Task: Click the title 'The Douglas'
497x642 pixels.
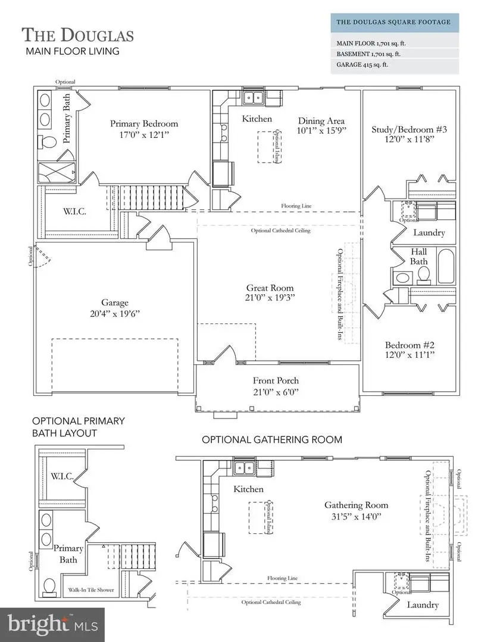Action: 78,34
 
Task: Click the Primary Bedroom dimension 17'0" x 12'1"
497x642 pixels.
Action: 143,135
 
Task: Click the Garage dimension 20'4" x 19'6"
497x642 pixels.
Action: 114,313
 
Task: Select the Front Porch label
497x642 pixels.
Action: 276,380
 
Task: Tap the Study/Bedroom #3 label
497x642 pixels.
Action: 400,130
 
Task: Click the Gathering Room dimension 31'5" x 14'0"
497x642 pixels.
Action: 356,517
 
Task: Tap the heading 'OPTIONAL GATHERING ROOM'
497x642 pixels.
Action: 271,440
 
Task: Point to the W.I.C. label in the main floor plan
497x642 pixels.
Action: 76,210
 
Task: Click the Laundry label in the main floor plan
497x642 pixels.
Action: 429,232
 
